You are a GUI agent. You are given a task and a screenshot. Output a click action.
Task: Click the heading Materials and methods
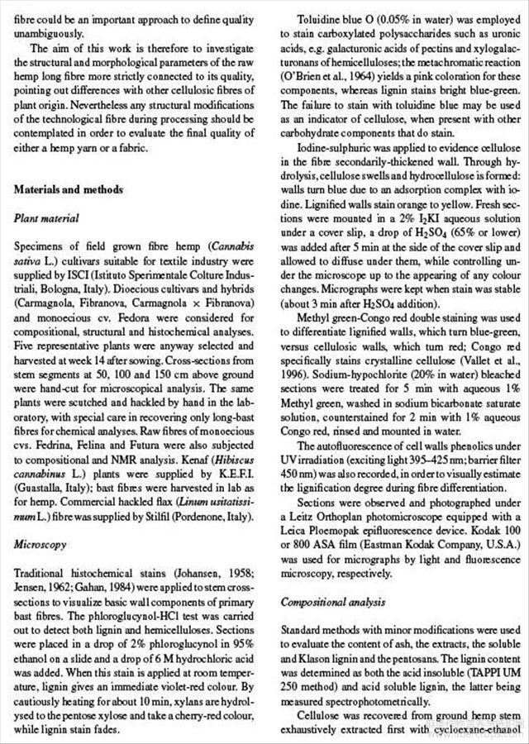[69, 189]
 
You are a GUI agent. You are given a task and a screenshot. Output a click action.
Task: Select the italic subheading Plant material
[46, 219]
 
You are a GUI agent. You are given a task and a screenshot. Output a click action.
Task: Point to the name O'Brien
[304, 86]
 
